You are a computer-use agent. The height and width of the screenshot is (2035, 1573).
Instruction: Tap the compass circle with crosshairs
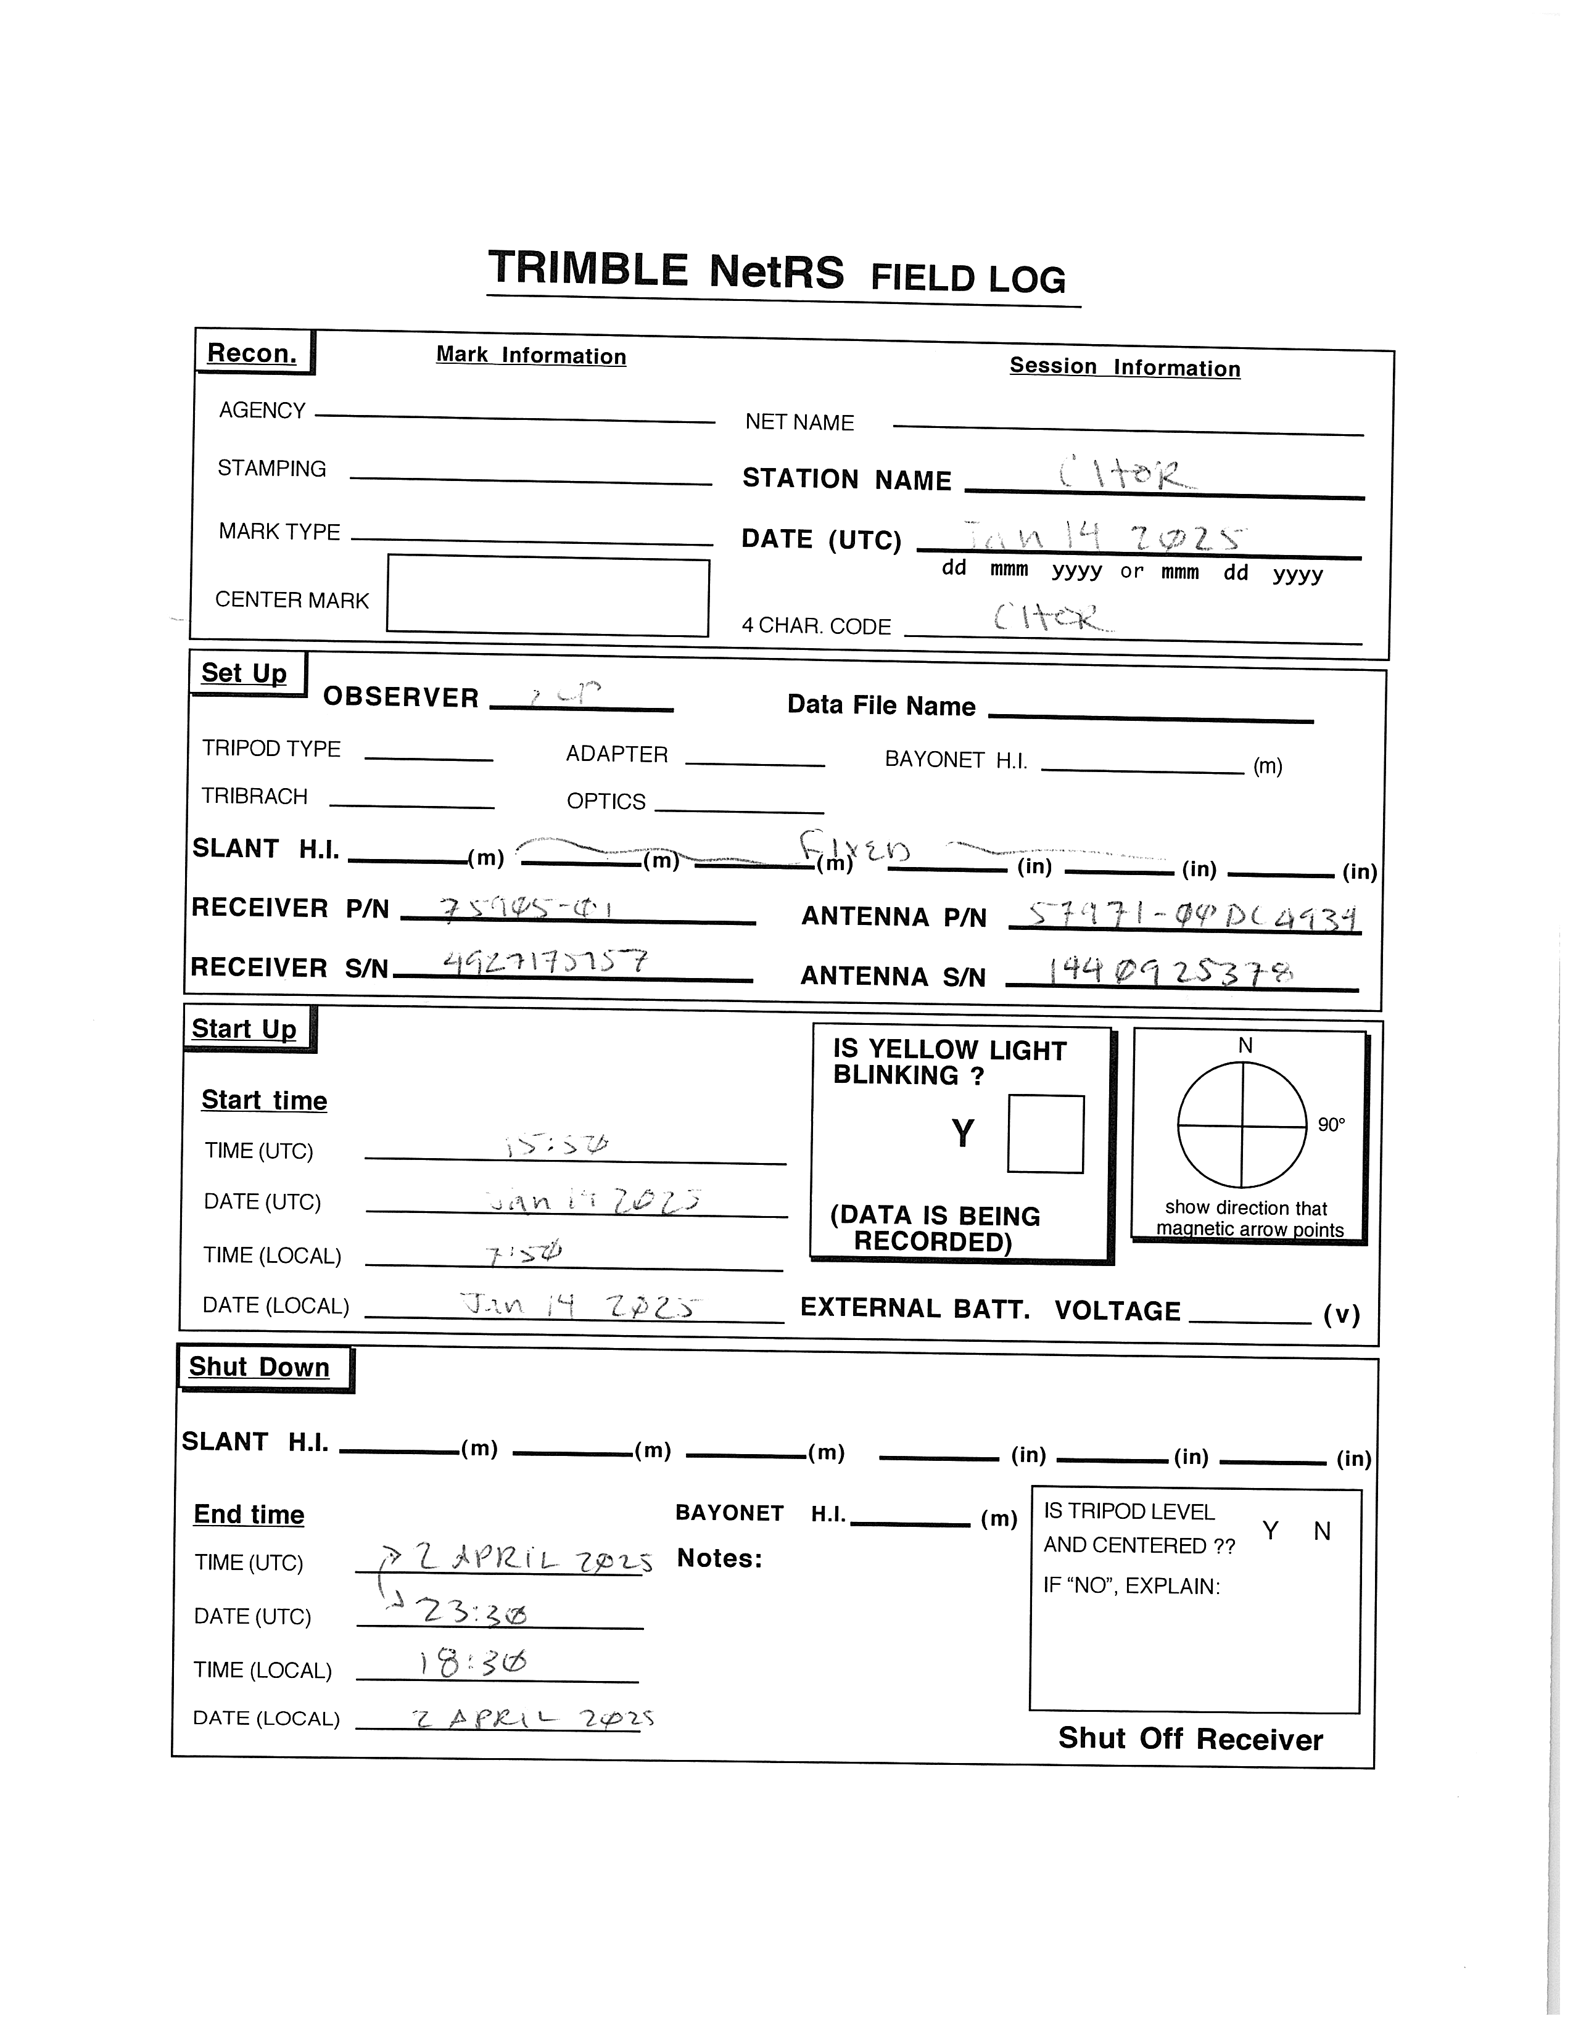(1242, 1125)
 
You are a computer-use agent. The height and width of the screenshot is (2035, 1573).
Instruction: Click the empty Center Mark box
(548, 596)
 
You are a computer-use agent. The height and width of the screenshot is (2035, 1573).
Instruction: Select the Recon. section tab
(252, 353)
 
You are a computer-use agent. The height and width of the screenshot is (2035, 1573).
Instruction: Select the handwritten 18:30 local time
(473, 1663)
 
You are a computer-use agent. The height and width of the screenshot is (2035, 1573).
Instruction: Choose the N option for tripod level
(1321, 1531)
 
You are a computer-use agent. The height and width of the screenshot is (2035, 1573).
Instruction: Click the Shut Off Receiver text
(1190, 1739)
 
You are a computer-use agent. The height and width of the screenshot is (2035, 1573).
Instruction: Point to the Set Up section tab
(244, 673)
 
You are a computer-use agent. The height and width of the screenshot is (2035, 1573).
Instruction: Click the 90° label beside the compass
(1331, 1125)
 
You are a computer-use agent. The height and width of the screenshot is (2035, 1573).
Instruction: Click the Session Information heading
(1125, 367)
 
